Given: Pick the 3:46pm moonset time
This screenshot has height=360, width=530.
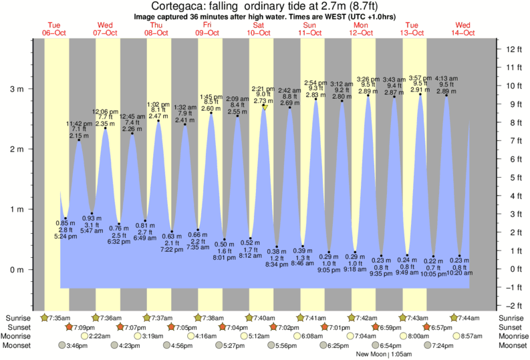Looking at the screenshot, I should (x=78, y=346).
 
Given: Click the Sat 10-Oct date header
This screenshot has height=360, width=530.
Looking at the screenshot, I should (x=258, y=28).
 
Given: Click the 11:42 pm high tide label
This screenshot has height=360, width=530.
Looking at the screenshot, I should (x=78, y=123).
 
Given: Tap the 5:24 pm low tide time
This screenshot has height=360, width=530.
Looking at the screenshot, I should (x=65, y=236).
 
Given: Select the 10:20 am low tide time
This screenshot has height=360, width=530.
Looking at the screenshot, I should (x=458, y=273).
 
